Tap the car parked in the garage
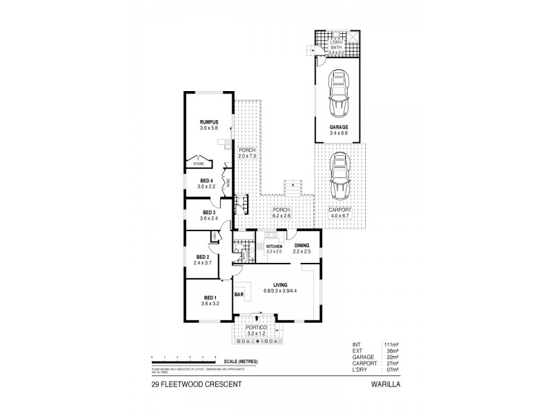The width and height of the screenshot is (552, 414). (x=338, y=94)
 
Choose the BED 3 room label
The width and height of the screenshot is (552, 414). (x=210, y=212)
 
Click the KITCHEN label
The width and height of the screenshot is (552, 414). (x=275, y=246)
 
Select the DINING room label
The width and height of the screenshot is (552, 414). (x=302, y=245)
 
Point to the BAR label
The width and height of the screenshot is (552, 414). (x=239, y=295)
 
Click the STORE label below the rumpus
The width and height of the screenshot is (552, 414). (x=199, y=164)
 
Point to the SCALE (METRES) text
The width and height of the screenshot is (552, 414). (x=239, y=360)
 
